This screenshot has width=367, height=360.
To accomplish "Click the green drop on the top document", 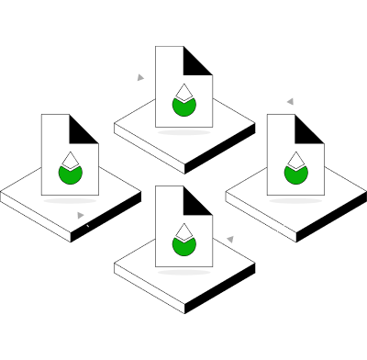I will coord(184,107).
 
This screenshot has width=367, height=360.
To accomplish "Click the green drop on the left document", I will coord(71,174).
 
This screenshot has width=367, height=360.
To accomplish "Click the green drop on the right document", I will coord(295,174).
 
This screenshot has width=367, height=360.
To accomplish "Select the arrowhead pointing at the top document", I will coord(140,78).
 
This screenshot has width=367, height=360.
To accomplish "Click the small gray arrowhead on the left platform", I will coord(81,216).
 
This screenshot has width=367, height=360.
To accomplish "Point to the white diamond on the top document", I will coord(184,92).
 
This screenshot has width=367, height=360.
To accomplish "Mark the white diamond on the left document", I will coord(71,160).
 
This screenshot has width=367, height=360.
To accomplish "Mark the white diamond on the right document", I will coord(295,160).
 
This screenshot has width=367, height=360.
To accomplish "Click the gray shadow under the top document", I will coord(184,132).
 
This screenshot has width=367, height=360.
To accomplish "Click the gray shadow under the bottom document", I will coord(184,271).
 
